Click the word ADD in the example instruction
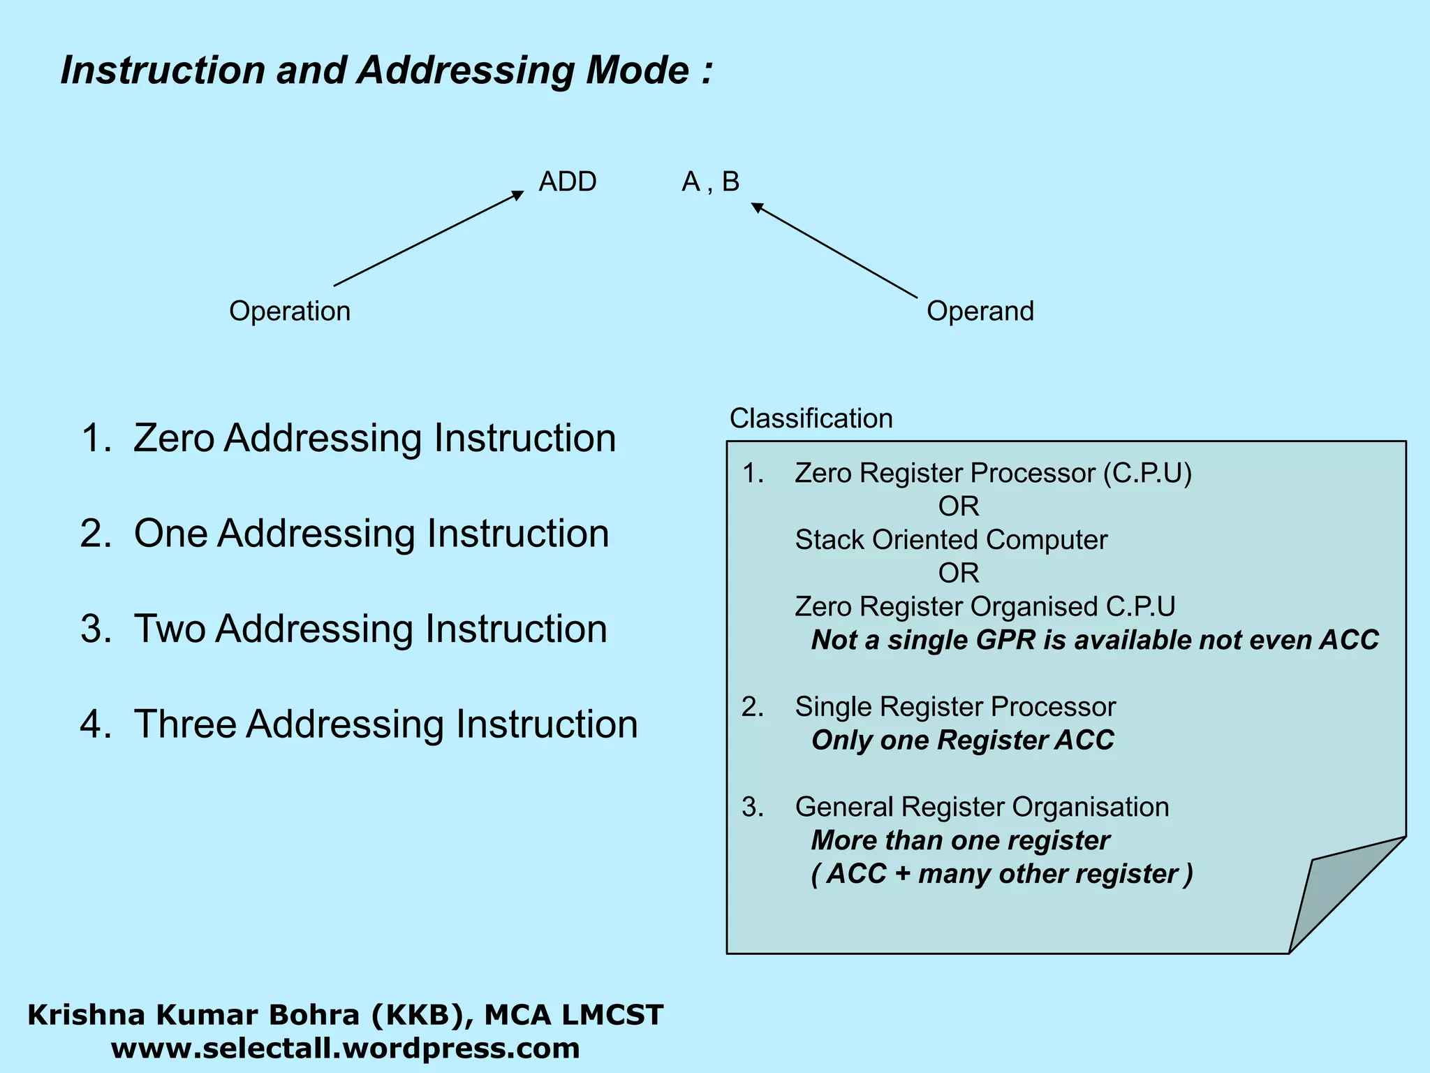pos(567,182)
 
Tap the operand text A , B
pos(710,182)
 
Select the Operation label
pos(290,311)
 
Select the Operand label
pos(980,311)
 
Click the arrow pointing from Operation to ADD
pos(427,239)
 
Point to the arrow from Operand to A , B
pos(834,251)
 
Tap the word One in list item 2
pos(170,534)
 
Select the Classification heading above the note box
pos(811,418)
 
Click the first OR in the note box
pos(958,506)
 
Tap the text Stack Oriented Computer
pos(951,540)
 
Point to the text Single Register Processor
pos(954,707)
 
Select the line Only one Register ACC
pos(962,740)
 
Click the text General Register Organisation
pos(981,807)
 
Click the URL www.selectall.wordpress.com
pos(345,1049)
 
